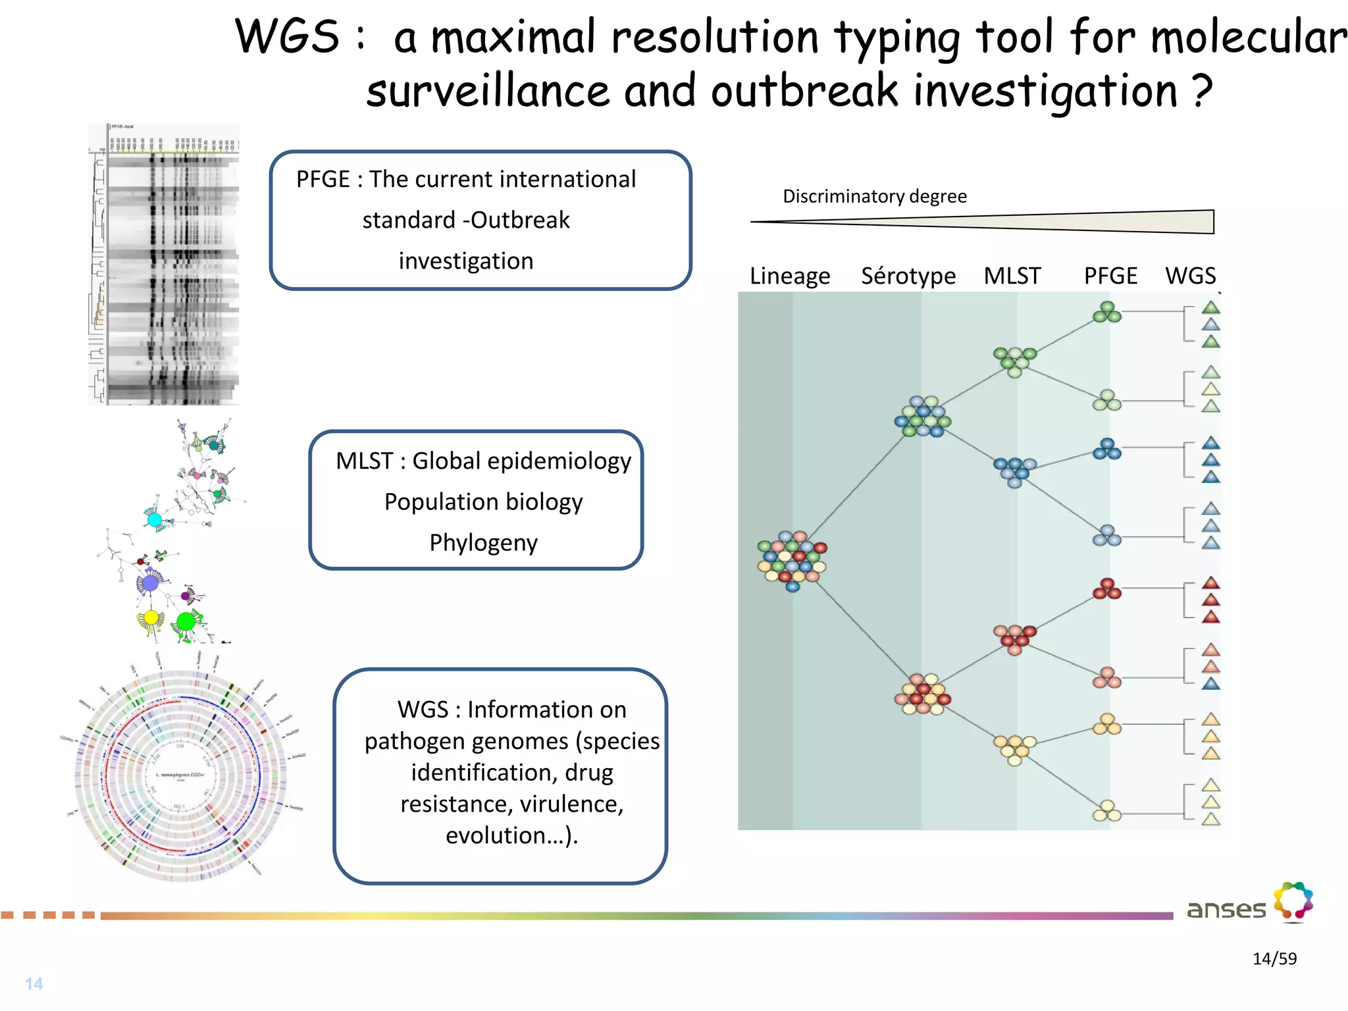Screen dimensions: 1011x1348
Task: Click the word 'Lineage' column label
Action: [789, 276]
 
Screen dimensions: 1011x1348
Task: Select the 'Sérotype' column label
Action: [908, 276]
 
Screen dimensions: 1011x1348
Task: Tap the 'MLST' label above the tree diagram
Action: [1012, 276]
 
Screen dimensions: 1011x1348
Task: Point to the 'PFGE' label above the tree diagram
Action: [1110, 276]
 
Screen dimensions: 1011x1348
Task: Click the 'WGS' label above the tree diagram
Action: [1190, 276]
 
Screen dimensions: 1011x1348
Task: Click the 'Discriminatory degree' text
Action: [874, 196]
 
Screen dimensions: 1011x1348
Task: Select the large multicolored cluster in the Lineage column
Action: [792, 560]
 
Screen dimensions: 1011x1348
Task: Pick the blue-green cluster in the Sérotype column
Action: [923, 417]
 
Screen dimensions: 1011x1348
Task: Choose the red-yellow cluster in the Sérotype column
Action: [923, 694]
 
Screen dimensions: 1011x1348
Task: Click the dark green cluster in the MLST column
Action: [1014, 361]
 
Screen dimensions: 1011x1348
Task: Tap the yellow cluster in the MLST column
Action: [1014, 749]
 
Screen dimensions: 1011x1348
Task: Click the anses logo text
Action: [1226, 910]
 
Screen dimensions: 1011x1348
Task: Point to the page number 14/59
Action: [1274, 958]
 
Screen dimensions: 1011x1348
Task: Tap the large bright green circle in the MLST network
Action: [186, 621]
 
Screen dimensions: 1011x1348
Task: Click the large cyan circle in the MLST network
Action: [155, 520]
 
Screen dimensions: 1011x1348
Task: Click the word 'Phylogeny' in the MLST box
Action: [483, 543]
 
